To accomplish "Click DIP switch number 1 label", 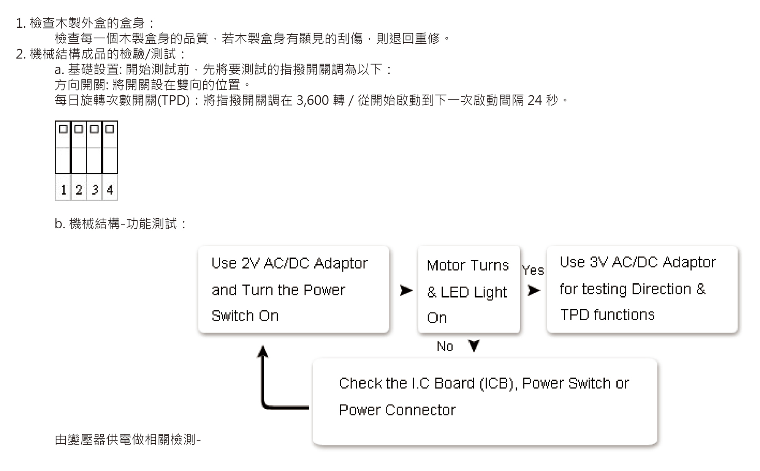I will coord(63,189).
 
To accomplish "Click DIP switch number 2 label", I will coord(79,189).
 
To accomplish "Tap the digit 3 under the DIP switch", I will coord(95,189).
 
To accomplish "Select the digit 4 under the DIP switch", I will coord(110,189).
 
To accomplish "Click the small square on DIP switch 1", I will coord(63,129).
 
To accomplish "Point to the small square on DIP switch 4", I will coord(110,129).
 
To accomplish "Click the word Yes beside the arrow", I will coord(533,270).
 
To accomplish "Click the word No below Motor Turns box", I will coord(445,346).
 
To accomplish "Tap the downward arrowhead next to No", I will coord(474,345).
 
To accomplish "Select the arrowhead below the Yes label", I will coord(534,291).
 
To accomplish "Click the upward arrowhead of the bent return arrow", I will coord(263,352).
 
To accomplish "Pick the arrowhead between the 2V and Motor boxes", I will coord(406,291).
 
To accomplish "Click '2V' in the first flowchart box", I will coord(250,263).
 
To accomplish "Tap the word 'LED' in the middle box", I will coord(455,292).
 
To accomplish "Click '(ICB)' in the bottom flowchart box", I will coord(498,383).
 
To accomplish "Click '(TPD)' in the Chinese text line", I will coord(173,100).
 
